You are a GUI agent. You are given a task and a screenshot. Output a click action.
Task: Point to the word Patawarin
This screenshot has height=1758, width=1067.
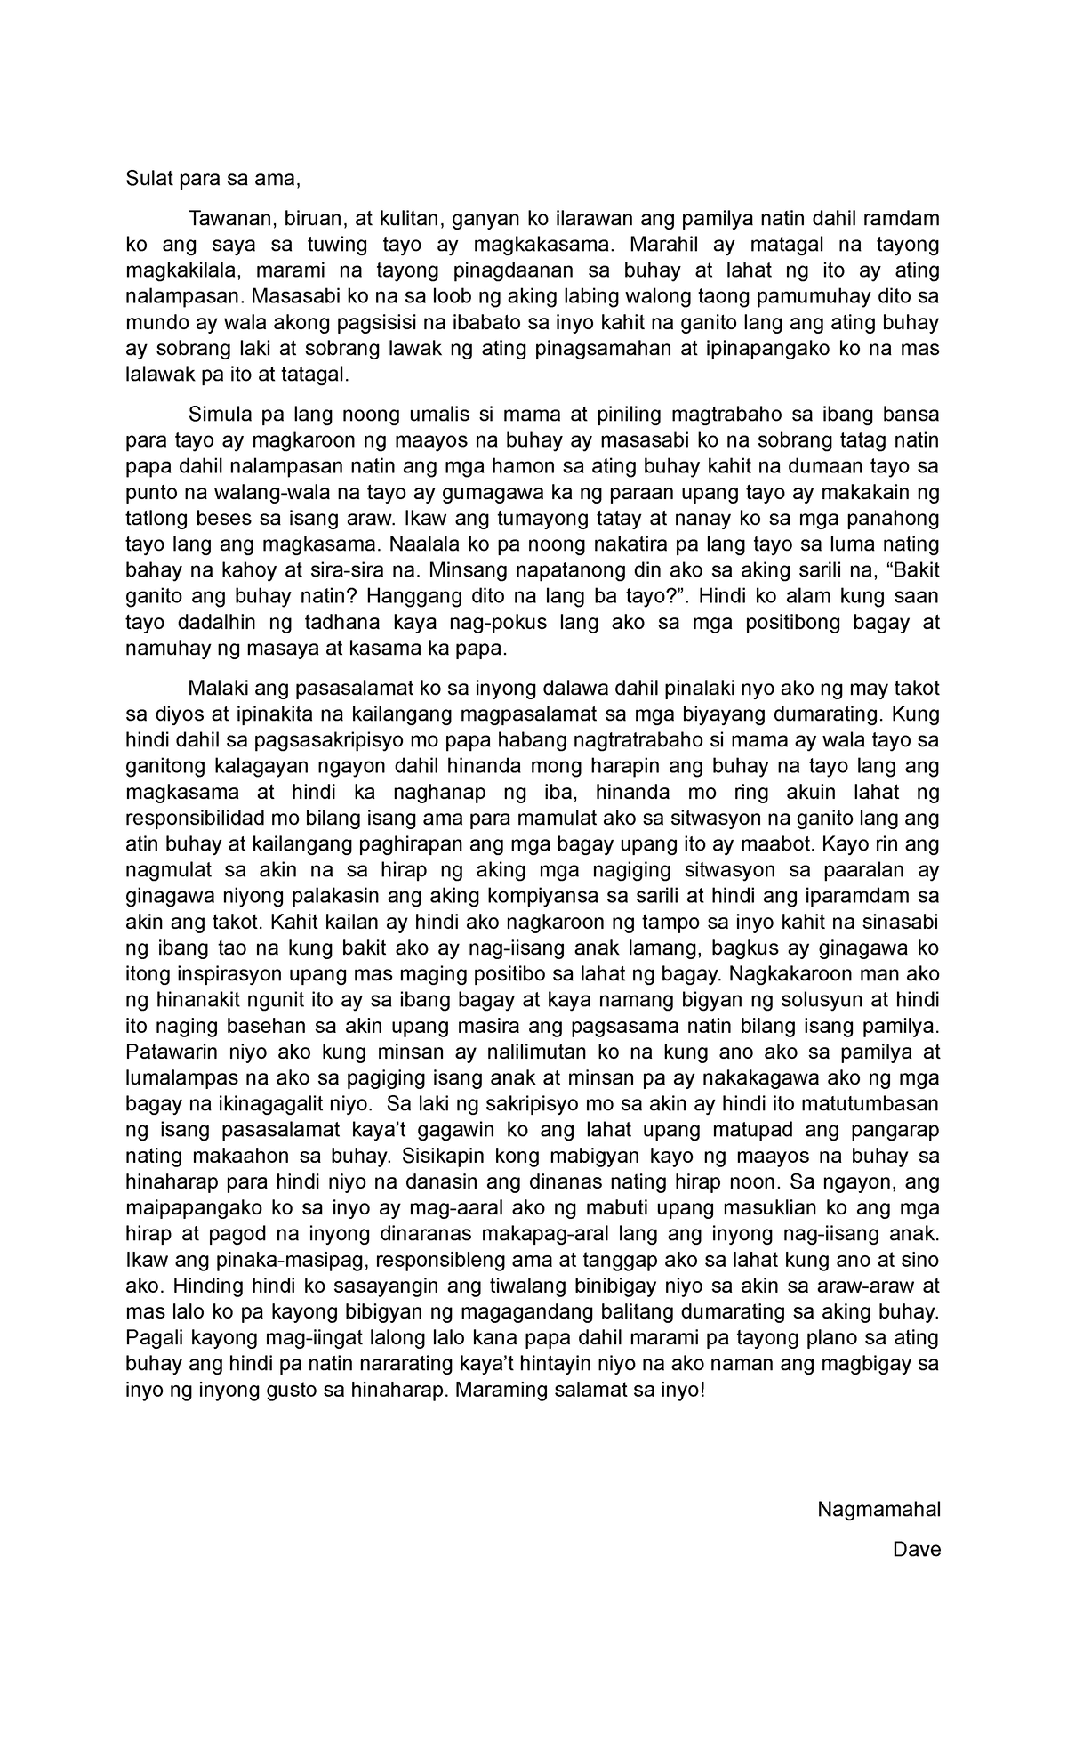coord(169,1052)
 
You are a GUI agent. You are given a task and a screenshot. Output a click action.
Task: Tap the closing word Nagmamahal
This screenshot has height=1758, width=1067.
coord(878,1509)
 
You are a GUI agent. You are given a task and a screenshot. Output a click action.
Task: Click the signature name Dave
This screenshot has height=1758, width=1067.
coord(917,1550)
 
